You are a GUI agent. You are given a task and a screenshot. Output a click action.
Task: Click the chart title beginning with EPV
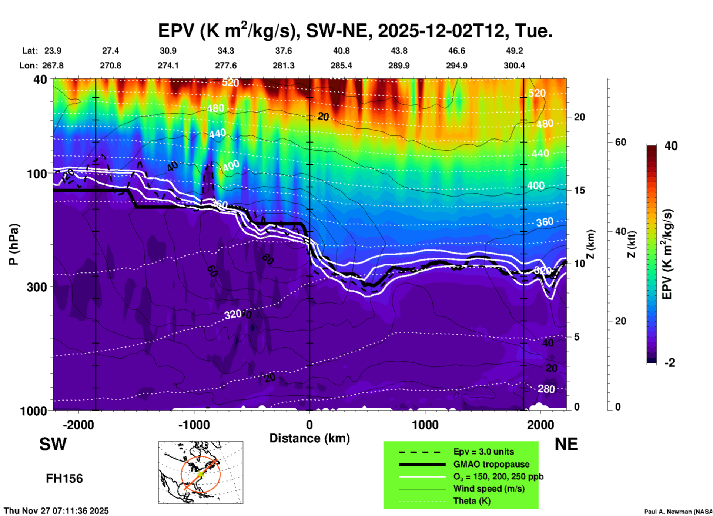tap(355, 30)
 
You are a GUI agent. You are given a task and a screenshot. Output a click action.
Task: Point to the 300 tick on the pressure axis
tap(37, 287)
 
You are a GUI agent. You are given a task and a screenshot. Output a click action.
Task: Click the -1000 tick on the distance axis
tap(194, 425)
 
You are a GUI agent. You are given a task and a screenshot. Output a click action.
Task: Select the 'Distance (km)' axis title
tap(309, 438)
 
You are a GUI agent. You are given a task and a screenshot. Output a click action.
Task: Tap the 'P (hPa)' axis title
tap(13, 244)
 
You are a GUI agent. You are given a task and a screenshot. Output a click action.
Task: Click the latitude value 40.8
tap(341, 51)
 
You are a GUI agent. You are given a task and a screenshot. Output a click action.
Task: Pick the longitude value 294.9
tap(456, 66)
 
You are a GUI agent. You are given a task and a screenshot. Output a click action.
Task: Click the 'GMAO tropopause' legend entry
tap(491, 464)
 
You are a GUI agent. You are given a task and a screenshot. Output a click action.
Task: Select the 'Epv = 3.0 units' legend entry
tap(483, 452)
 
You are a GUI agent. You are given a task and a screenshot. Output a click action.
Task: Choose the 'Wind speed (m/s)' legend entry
tap(489, 489)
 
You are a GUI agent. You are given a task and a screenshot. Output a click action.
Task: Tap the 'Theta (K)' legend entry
tap(472, 501)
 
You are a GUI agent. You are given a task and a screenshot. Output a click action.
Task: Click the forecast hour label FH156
tap(64, 479)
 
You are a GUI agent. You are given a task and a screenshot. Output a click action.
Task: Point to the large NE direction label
tap(566, 444)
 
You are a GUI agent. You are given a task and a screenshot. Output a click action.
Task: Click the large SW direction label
tap(53, 444)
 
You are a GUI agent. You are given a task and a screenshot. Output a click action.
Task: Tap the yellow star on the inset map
tap(200, 474)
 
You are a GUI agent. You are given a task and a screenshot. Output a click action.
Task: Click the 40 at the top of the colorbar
tap(671, 146)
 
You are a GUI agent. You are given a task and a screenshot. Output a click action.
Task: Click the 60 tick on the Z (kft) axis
tap(620, 142)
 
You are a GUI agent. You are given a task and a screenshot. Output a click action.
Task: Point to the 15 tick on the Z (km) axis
tap(579, 190)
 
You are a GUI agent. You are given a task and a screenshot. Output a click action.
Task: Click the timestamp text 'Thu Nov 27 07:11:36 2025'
tap(56, 511)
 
